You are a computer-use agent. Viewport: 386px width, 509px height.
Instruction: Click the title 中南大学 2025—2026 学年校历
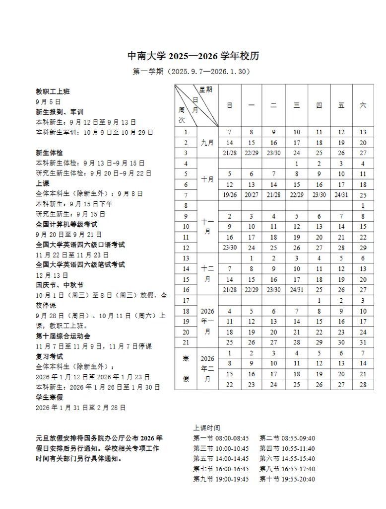click(x=193, y=56)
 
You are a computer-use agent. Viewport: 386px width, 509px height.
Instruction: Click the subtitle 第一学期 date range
click(x=193, y=72)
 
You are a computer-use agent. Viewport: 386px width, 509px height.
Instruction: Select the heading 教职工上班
click(x=53, y=91)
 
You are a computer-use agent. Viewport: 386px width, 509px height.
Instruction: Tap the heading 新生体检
click(x=49, y=153)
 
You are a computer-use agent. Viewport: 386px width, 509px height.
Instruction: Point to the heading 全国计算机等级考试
click(x=66, y=224)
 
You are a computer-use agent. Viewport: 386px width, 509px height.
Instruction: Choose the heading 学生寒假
click(x=49, y=397)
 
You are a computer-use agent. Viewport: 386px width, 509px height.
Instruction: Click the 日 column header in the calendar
click(x=230, y=106)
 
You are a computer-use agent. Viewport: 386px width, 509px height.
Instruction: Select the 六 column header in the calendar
click(x=363, y=106)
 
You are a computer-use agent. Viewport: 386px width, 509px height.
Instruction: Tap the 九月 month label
click(x=207, y=143)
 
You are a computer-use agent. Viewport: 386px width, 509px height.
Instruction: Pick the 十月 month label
click(x=207, y=179)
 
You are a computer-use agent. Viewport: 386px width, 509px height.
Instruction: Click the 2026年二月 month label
click(x=207, y=368)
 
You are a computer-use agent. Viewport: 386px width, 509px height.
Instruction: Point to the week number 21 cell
click(x=186, y=342)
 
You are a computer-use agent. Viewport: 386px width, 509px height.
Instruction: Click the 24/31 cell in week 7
click(x=341, y=195)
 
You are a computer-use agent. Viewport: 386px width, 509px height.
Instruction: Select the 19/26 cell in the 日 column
click(x=230, y=195)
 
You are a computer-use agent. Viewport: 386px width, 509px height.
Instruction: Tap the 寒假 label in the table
click(x=186, y=368)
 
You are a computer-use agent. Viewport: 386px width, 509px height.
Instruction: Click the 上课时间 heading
click(x=206, y=427)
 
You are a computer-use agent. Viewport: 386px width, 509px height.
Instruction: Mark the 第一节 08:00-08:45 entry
click(x=221, y=438)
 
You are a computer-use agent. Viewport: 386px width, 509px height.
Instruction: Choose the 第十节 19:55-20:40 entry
click(x=287, y=479)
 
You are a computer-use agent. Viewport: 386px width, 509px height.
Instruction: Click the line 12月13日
click(x=48, y=275)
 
